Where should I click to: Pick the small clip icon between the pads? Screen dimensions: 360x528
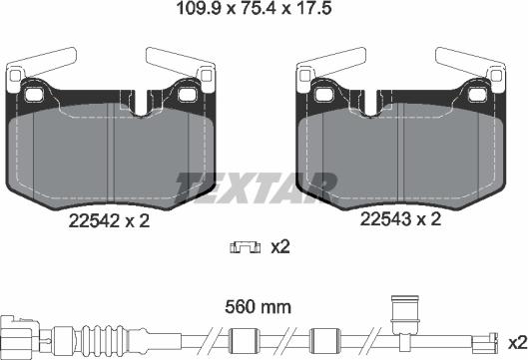[242, 246]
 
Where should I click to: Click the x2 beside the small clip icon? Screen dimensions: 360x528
[279, 246]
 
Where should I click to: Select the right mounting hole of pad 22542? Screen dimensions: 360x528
[189, 96]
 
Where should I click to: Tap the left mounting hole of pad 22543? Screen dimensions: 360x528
[325, 96]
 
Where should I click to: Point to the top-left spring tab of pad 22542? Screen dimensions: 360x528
[30, 70]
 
